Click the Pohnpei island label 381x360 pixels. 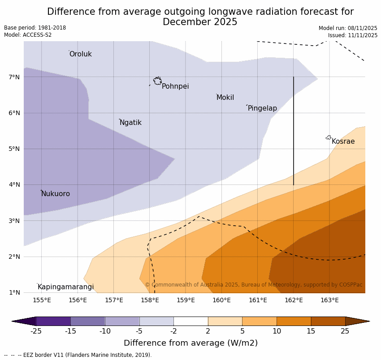point(175,86)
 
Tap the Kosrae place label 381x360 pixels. point(343,141)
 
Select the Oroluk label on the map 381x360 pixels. point(80,54)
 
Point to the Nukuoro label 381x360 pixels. point(56,194)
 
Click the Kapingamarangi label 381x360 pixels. point(65,287)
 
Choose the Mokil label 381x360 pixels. point(225,98)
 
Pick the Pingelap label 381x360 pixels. point(262,108)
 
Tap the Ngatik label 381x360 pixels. point(130,123)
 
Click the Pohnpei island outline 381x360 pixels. point(157,81)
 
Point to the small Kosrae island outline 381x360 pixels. point(329,137)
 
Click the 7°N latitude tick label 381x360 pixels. point(14,77)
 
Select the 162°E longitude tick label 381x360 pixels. point(294,300)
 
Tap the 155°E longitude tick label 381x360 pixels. point(42,300)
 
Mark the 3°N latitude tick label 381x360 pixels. point(14,221)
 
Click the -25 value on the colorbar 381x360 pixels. point(36,331)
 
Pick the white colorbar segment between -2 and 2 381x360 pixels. point(190,321)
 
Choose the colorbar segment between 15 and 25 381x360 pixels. point(328,321)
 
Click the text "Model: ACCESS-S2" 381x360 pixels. point(28,35)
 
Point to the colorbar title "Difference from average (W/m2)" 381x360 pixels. point(190,343)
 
